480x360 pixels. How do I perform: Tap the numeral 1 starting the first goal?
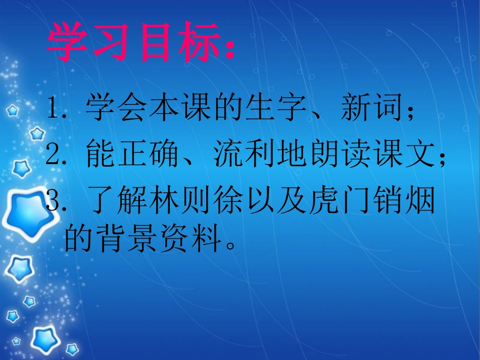tap(52, 109)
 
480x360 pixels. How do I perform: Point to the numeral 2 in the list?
tap(52, 154)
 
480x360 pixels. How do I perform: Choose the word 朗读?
tap(335, 153)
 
